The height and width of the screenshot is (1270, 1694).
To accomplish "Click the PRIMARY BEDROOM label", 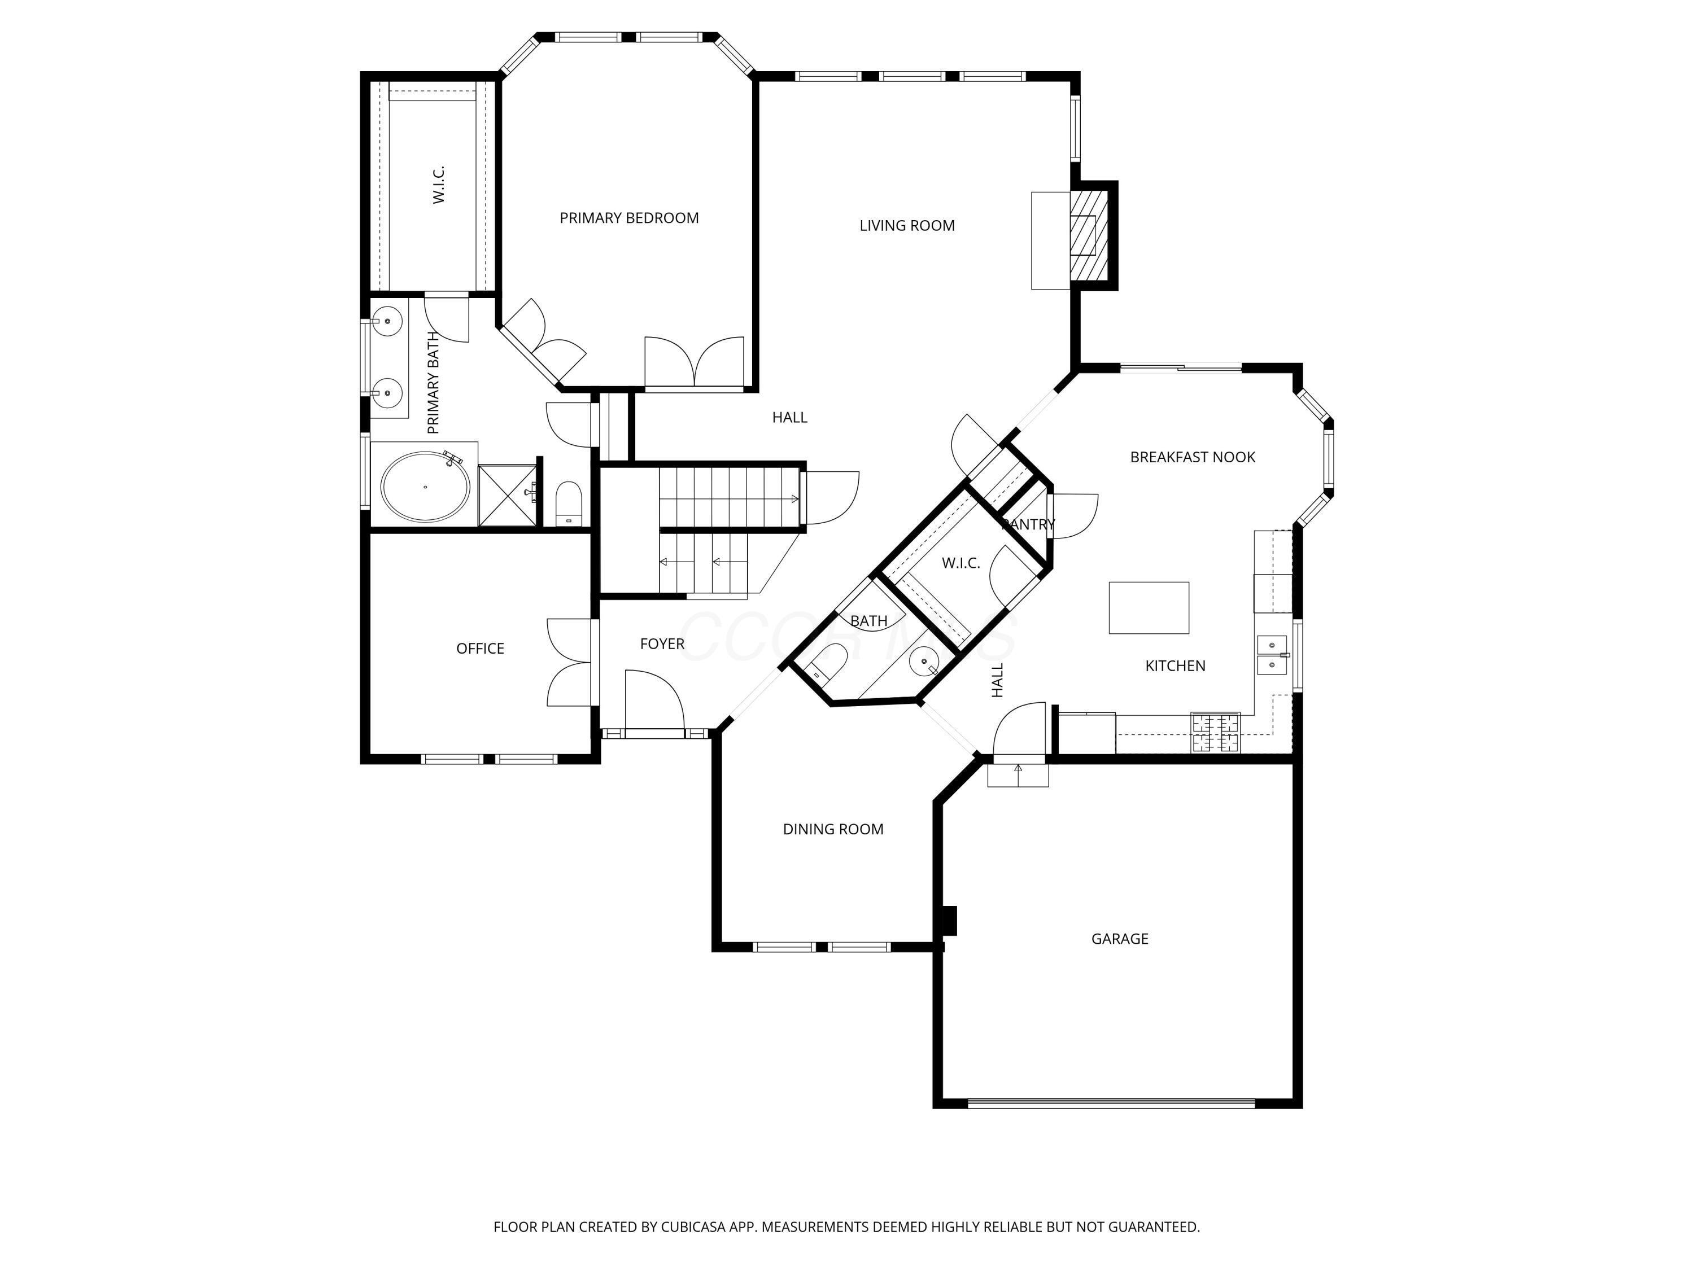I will (628, 218).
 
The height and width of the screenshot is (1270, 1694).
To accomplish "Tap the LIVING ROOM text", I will (907, 226).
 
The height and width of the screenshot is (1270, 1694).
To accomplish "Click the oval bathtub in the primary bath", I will (426, 487).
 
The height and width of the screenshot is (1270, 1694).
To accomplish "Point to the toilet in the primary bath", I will (568, 503).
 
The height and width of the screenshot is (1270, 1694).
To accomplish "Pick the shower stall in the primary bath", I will (507, 495).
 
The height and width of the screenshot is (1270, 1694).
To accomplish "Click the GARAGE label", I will (1119, 939).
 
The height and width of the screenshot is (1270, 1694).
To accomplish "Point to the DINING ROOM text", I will (833, 829).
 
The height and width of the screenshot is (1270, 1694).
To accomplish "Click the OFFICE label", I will (480, 649).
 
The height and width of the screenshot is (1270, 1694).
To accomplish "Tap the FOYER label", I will (662, 645).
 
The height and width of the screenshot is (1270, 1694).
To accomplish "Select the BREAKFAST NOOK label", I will (1193, 457).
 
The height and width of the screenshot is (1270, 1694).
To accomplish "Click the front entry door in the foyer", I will (653, 700).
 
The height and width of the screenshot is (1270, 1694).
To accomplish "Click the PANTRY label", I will (1028, 524).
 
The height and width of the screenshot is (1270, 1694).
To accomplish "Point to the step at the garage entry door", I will (1018, 776).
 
